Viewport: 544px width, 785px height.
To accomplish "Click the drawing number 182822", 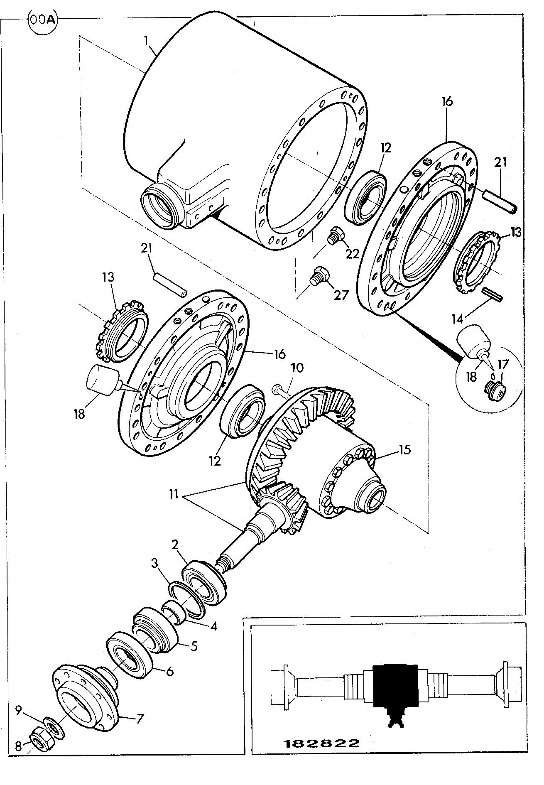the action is [321, 743].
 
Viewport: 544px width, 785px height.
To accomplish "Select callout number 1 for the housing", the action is [146, 41].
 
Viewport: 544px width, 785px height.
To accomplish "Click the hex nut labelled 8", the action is [41, 741].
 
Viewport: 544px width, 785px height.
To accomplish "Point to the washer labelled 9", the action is [53, 728].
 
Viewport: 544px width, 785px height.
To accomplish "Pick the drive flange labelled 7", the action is [87, 697].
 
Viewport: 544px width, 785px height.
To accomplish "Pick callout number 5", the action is [194, 646].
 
